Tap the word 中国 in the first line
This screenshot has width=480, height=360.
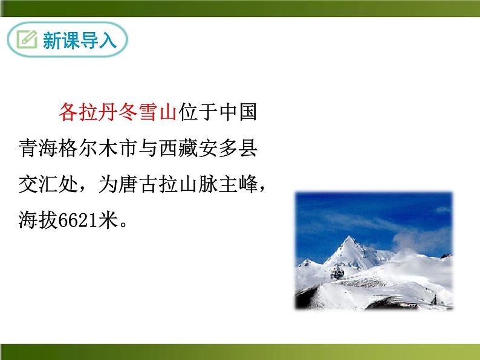[238, 112]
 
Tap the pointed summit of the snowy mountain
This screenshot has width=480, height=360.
[349, 237]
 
